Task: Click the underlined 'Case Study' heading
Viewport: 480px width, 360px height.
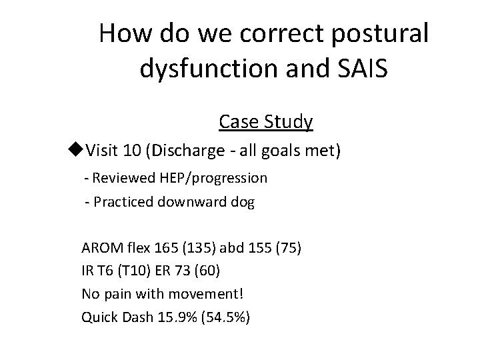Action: click(x=265, y=122)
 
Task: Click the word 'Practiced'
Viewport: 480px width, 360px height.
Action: click(x=123, y=202)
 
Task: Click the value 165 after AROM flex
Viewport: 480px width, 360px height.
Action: click(x=162, y=249)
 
